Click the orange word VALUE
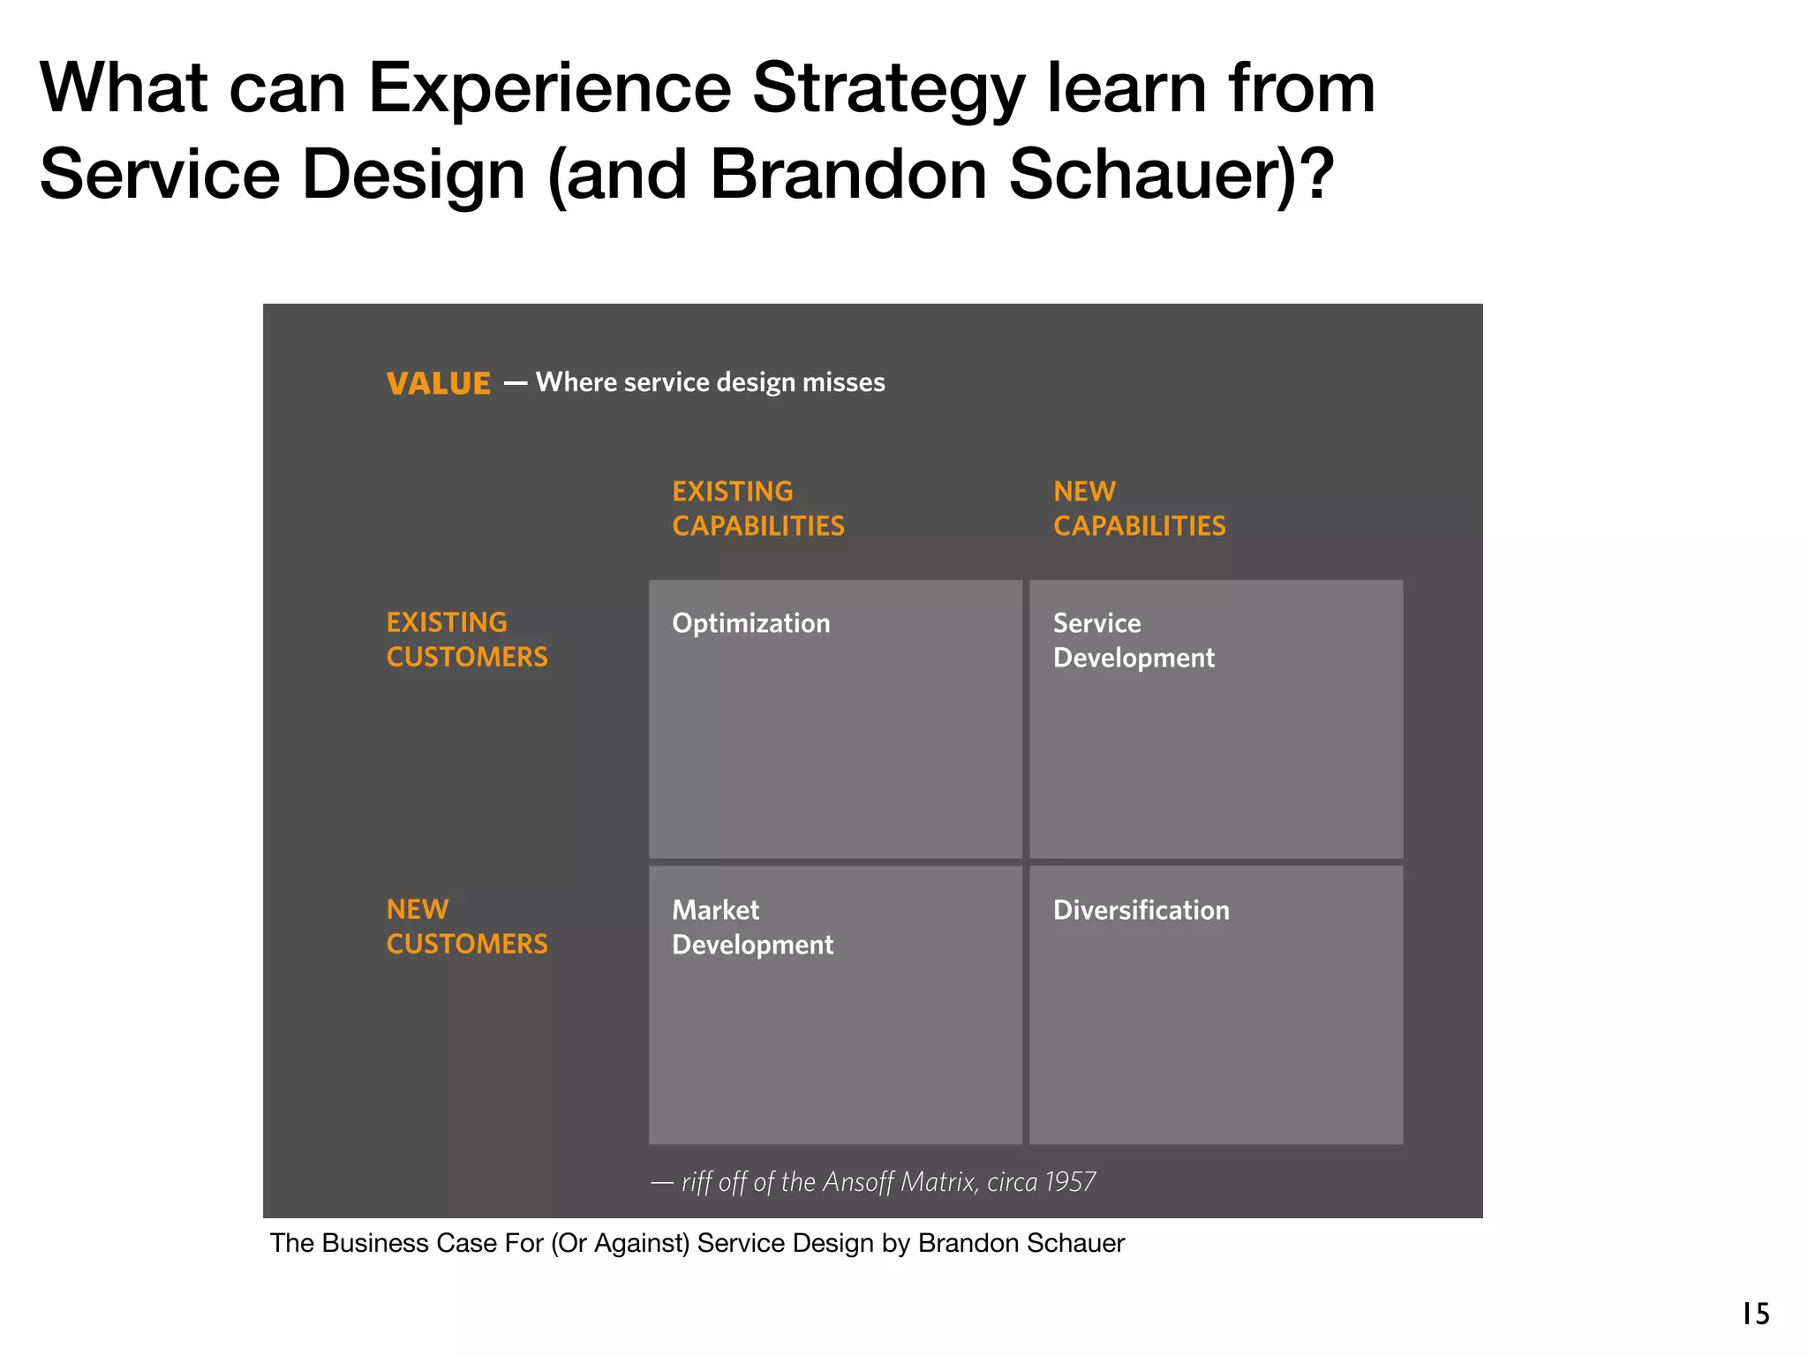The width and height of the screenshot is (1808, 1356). click(438, 384)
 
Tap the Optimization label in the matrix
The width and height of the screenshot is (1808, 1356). click(750, 623)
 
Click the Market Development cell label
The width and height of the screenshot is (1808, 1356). click(752, 927)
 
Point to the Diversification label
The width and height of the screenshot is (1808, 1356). click(1141, 910)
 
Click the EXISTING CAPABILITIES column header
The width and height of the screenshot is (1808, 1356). click(757, 508)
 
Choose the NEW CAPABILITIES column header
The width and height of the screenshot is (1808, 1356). click(1139, 508)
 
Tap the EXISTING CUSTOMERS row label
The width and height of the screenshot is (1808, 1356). click(466, 639)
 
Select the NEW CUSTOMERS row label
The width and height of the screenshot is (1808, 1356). click(466, 926)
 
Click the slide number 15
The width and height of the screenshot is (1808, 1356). click(1755, 1314)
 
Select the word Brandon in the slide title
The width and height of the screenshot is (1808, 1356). click(847, 174)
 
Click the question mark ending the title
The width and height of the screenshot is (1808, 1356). click(1318, 174)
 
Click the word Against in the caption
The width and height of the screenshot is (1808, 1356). click(644, 1243)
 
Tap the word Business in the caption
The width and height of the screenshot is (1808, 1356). click(372, 1243)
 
